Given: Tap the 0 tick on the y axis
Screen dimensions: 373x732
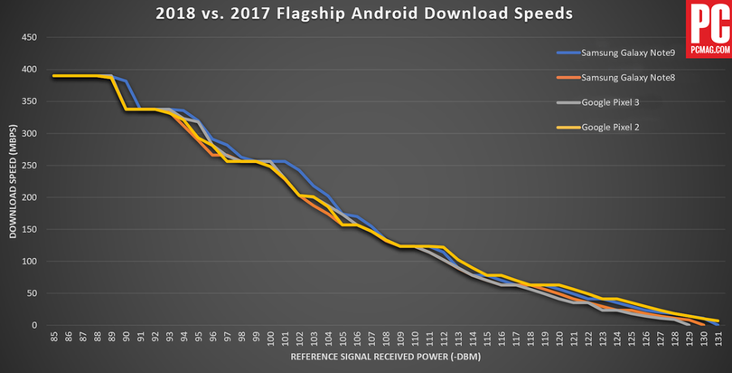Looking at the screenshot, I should (x=33, y=326).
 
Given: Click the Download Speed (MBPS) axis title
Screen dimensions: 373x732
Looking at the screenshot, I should (x=13, y=181).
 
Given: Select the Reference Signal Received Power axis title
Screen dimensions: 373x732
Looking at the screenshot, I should (x=385, y=359).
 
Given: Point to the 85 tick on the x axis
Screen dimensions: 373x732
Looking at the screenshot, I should (x=54, y=338).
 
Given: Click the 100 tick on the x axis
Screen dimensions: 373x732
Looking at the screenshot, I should (x=270, y=338).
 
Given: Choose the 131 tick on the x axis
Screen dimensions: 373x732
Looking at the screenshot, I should (x=718, y=338).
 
